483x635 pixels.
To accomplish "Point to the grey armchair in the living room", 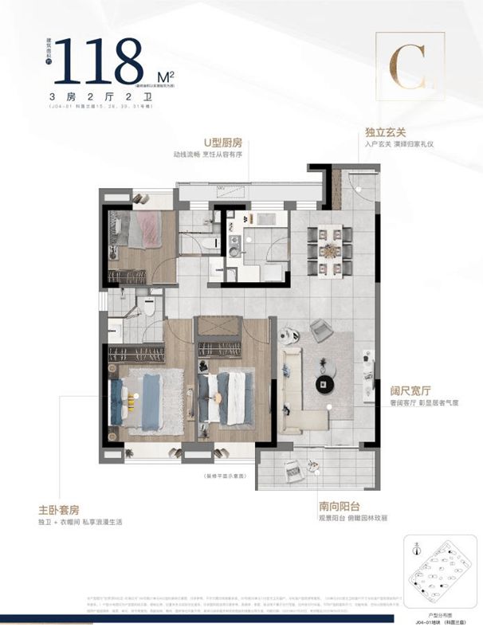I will coord(322,329).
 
